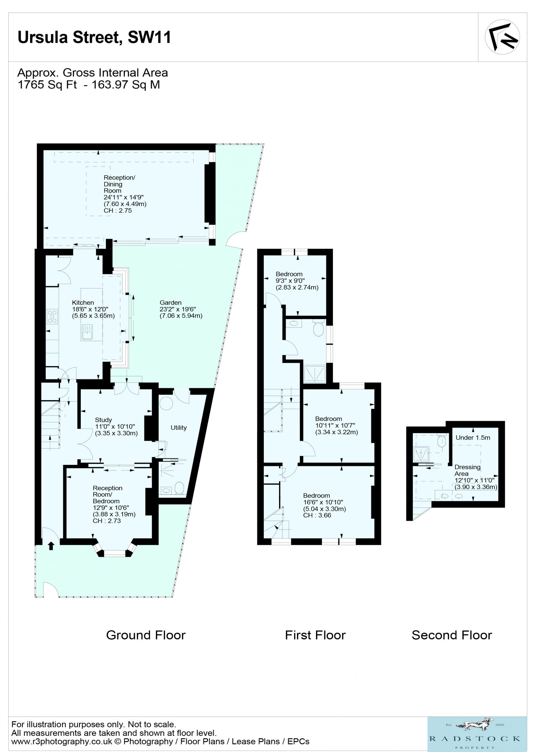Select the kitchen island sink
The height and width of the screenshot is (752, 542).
[x=87, y=332]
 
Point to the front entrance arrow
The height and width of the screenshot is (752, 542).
[x=51, y=545]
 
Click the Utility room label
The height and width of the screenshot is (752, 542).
[x=179, y=428]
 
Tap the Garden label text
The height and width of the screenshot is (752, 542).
[x=170, y=302]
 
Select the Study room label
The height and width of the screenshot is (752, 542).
[x=103, y=420]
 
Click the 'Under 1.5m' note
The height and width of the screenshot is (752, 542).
[x=473, y=437]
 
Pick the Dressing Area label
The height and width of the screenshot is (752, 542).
[x=467, y=470]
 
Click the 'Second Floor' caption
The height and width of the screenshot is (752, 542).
[x=452, y=635]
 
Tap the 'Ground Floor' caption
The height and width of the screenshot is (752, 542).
[x=146, y=635]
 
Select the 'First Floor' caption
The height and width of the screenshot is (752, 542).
[x=315, y=635]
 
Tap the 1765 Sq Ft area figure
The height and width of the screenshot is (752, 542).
[x=47, y=85]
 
